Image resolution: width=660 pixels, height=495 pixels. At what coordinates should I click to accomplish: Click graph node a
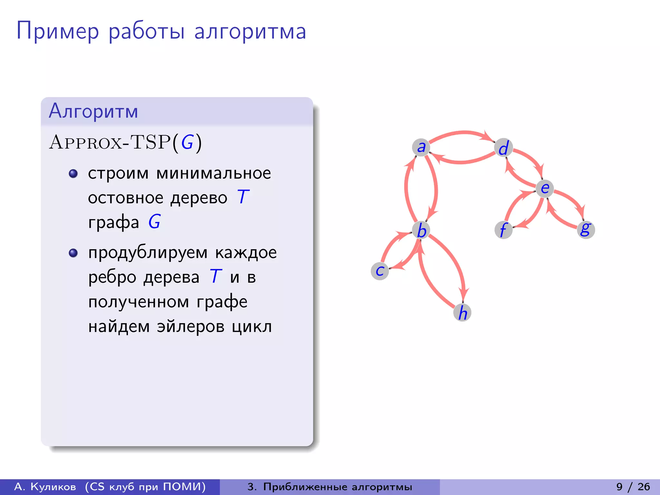[421, 147]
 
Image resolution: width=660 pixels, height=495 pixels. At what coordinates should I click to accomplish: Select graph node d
[503, 148]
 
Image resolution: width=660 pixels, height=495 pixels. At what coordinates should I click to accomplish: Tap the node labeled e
[545, 188]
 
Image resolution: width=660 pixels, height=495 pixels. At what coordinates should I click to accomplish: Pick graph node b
[421, 230]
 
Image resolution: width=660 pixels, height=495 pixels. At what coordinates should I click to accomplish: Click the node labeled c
[380, 271]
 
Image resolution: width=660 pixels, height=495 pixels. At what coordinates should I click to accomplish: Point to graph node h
[462, 312]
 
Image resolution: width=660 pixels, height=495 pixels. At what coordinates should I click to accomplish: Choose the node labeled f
[503, 230]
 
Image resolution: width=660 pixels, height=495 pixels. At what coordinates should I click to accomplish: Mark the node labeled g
[586, 229]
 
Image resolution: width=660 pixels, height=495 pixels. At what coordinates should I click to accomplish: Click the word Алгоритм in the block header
[93, 111]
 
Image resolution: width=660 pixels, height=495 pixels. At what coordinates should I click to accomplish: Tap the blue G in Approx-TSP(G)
[187, 142]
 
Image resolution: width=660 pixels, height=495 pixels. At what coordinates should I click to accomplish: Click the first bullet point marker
[73, 174]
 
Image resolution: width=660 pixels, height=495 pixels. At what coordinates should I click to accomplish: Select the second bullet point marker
[73, 253]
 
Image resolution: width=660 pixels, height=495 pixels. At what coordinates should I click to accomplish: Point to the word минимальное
[214, 173]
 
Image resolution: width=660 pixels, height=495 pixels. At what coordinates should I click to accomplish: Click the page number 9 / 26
[633, 487]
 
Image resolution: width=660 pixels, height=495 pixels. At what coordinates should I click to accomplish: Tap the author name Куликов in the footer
[53, 487]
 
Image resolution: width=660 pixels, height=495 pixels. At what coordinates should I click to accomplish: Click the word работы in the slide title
[147, 31]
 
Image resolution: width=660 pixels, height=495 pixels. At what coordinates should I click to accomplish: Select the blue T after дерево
[243, 197]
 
